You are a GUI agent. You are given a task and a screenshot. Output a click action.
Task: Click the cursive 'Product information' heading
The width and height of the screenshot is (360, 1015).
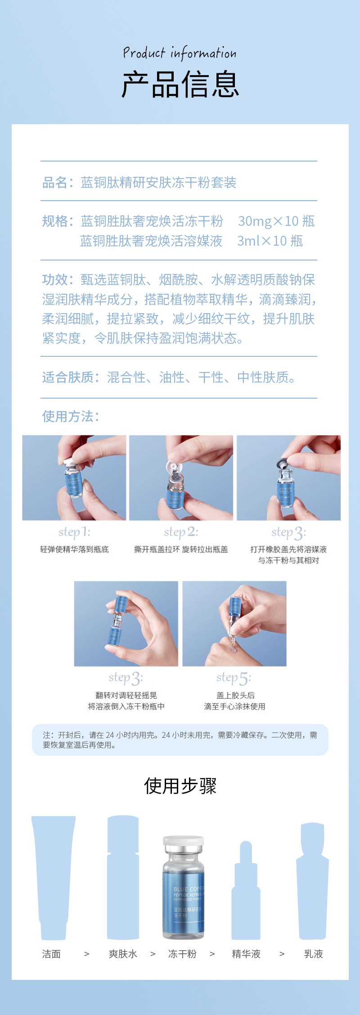pos(180,53)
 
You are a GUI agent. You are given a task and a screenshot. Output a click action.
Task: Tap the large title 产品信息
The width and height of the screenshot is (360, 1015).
pos(180,85)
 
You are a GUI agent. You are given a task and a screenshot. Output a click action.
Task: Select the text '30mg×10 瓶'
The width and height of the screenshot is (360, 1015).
pos(276,221)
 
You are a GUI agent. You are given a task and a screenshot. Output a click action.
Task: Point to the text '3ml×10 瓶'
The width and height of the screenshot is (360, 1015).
pos(270,241)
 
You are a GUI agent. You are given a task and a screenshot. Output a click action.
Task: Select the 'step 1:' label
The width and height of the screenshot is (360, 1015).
pos(74,532)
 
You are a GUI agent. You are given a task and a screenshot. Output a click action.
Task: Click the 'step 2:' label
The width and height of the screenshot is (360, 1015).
pos(181,532)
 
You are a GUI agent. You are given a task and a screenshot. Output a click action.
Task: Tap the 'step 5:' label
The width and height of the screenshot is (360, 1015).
pos(234,678)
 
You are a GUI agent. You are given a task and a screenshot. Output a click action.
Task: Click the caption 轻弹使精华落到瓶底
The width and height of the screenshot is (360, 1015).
pos(74,549)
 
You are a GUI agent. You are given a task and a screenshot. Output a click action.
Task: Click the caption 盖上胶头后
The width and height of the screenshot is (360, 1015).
pos(235,696)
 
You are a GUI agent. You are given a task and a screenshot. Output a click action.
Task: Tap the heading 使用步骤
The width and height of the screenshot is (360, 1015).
pos(180,786)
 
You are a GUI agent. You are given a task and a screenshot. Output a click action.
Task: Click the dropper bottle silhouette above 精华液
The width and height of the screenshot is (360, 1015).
pos(246,893)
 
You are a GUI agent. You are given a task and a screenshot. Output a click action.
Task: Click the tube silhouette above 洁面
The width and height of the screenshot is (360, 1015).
pos(54,877)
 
